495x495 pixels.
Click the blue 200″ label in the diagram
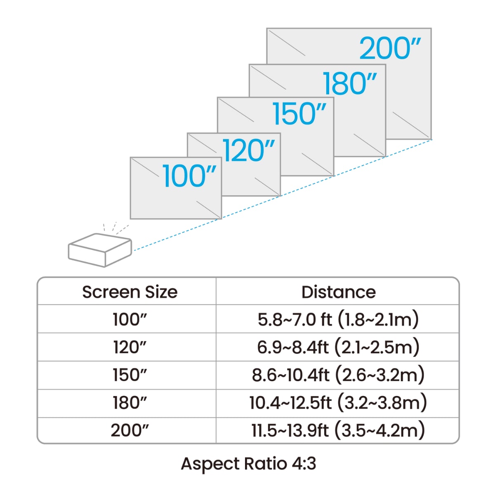tap(390, 49)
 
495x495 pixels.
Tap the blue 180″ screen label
tap(349, 84)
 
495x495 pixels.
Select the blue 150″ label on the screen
tap(299, 114)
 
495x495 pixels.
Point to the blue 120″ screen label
tap(248, 150)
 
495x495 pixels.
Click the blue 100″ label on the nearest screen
tap(189, 176)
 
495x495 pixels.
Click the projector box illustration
tap(99, 250)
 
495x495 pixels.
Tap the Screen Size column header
tap(130, 292)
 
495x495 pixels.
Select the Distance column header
tap(338, 292)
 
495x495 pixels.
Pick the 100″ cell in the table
tap(130, 319)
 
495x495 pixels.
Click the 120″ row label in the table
tap(130, 347)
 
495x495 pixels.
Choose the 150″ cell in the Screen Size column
tap(130, 375)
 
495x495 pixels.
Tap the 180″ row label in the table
tap(130, 403)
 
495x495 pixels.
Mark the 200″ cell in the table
tap(130, 430)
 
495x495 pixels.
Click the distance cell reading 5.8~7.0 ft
tap(338, 319)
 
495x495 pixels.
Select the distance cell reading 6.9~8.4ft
tap(338, 347)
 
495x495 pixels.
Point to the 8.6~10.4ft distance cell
tap(338, 375)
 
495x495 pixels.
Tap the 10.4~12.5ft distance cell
tap(338, 403)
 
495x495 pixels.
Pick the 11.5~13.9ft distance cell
tap(338, 430)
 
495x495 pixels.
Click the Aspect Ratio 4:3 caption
tap(248, 464)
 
